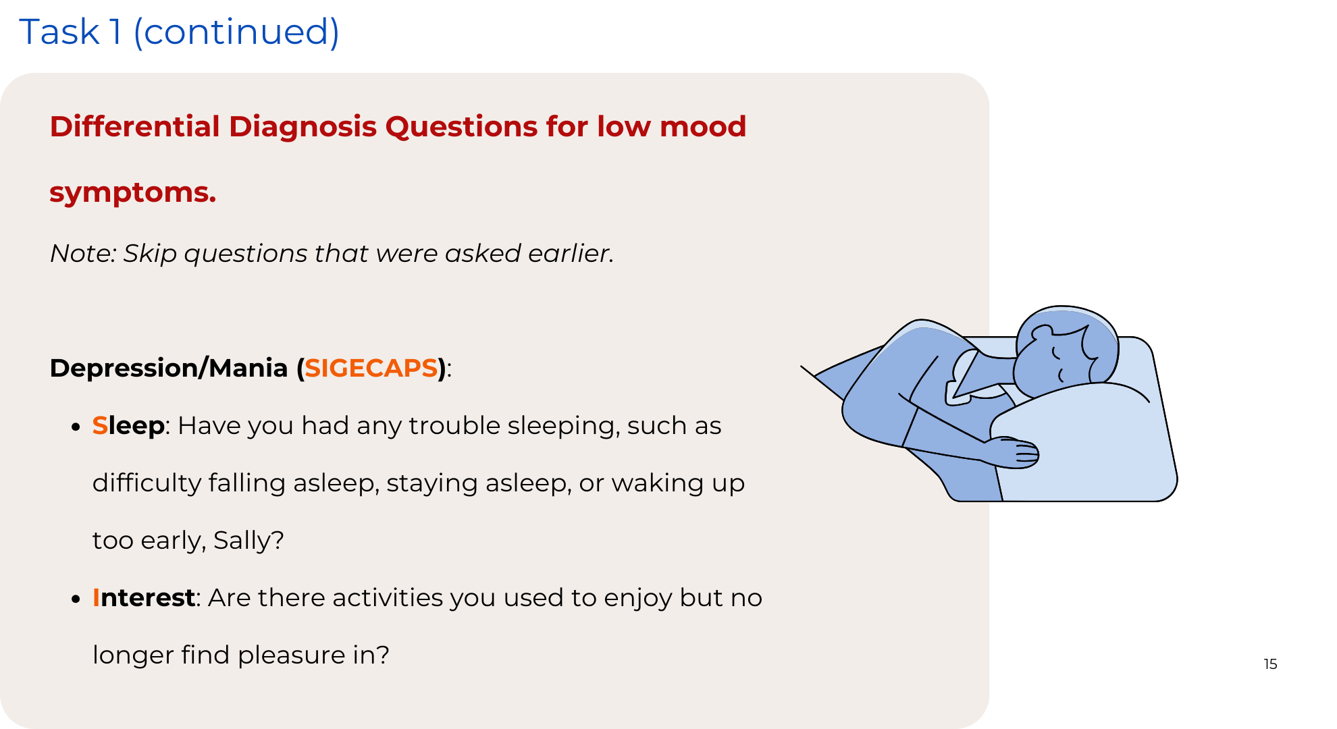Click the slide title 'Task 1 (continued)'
coord(179,32)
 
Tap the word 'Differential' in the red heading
coord(135,126)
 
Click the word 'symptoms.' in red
coord(133,193)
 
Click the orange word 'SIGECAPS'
coord(371,368)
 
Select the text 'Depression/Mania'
coord(169,368)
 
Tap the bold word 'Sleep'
coord(128,427)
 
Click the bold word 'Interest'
coord(144,598)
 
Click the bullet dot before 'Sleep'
coord(76,427)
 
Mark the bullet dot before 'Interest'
coord(76,599)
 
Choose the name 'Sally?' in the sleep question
coord(248,541)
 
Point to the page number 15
coord(1270,664)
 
